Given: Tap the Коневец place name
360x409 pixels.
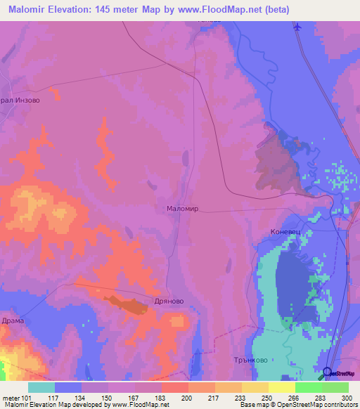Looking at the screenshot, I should [x=286, y=231].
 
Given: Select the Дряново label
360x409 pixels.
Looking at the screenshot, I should [x=169, y=301].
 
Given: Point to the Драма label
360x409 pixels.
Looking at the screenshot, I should [x=13, y=320].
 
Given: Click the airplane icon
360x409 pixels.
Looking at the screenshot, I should [x=297, y=27].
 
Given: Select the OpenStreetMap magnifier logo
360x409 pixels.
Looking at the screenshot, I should [x=328, y=373].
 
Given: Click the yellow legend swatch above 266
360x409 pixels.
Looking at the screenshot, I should [x=281, y=387].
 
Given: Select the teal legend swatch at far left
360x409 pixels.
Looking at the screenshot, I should [x=41, y=387].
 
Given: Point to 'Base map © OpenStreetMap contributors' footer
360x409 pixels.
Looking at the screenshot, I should [x=297, y=405].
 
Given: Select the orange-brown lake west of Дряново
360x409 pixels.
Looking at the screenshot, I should [x=127, y=305].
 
